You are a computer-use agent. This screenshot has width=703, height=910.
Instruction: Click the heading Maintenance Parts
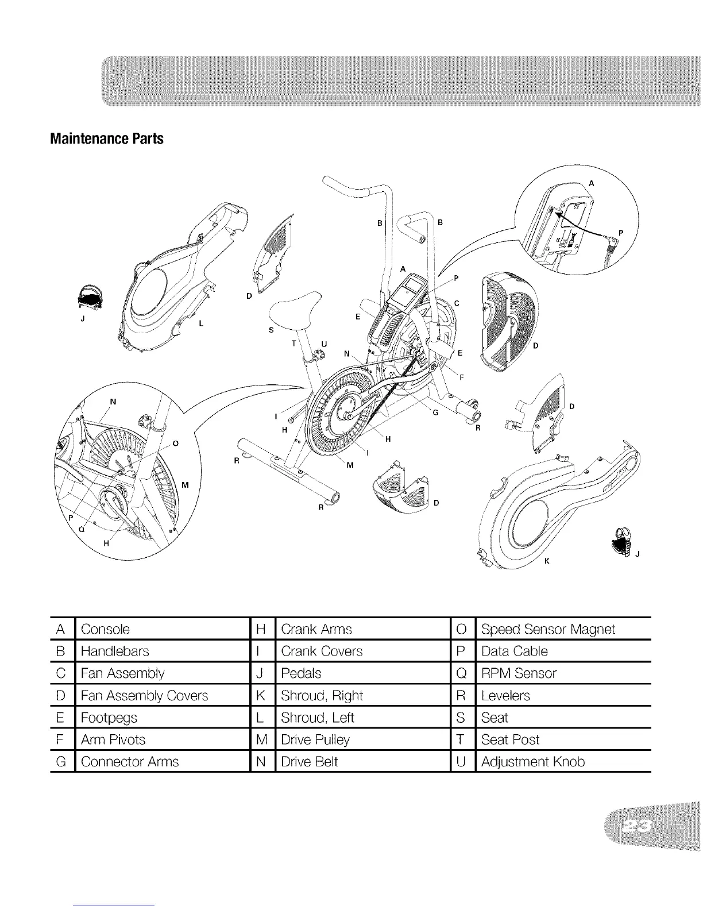coord(107,139)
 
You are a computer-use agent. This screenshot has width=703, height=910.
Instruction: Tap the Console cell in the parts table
coord(106,629)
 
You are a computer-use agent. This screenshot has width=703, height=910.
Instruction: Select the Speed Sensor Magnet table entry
coord(548,629)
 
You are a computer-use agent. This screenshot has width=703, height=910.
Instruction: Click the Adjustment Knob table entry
coord(533,762)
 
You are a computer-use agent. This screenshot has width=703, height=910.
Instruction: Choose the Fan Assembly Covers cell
coord(144,696)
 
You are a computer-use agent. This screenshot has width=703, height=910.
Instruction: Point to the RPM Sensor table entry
coord(519,673)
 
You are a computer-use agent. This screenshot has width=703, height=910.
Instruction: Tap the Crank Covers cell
coord(322,651)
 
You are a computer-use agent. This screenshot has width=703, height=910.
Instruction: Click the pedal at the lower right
coord(623,541)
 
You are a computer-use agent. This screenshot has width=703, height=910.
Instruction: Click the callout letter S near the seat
coord(271,330)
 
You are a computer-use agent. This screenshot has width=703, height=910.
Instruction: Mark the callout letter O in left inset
coord(176,444)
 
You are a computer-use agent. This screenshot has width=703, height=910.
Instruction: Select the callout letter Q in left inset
coord(82,530)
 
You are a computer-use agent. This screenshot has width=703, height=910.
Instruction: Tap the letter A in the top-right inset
coord(591,184)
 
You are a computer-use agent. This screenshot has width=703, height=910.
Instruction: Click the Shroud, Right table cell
coord(322,696)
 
